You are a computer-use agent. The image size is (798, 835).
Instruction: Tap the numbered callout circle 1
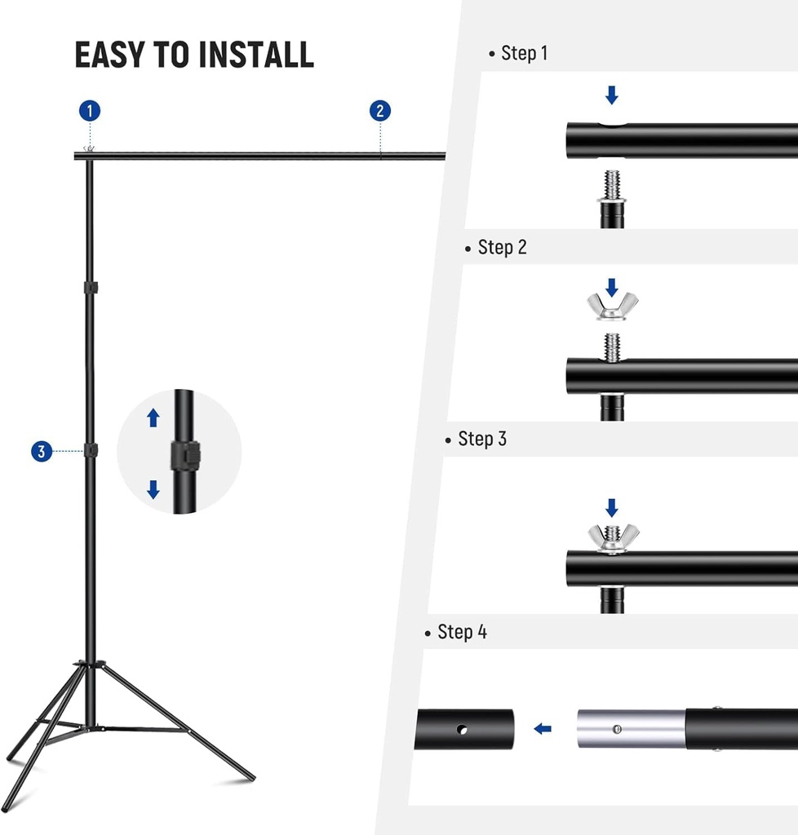point(90,111)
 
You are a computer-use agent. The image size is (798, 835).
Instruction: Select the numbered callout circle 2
point(379,111)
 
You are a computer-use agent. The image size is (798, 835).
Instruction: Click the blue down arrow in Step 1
point(612,95)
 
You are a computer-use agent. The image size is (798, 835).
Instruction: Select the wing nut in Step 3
point(613,538)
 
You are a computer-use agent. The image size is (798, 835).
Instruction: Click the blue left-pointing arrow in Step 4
point(543,728)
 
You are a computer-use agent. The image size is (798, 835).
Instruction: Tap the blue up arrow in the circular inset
point(153,418)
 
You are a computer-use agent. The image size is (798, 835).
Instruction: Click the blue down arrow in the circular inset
point(153,489)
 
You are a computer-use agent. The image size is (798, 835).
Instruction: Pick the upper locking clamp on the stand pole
point(91,289)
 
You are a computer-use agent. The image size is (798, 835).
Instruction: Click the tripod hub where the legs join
point(91,666)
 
